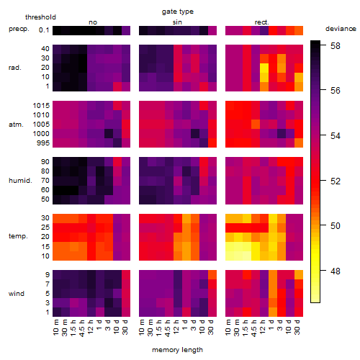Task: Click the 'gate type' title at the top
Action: click(178, 12)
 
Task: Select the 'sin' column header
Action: click(177, 22)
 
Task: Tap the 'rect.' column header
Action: click(261, 22)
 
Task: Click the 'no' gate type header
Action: click(93, 22)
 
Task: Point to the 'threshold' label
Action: click(40, 17)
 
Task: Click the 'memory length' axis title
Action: click(177, 350)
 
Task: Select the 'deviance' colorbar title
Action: click(341, 29)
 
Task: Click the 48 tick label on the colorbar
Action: click(336, 271)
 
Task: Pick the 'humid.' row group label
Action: click(20, 181)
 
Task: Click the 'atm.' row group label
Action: click(16, 125)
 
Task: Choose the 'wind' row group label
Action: click(17, 293)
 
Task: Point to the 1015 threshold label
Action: click(41, 105)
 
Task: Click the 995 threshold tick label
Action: click(43, 143)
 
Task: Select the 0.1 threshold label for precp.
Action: click(44, 30)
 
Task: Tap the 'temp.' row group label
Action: click(18, 236)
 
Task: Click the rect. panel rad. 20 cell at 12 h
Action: click(264, 68)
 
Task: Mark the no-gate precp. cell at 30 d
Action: click(126, 30)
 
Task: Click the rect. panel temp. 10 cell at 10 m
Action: click(230, 256)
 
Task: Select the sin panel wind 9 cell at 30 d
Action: click(212, 274)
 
